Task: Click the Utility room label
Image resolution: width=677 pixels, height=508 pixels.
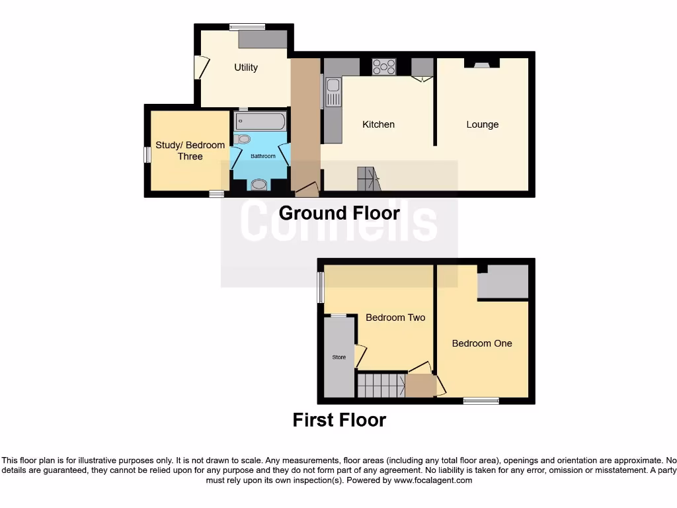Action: click(x=245, y=67)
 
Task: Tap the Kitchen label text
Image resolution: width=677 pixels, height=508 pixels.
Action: click(x=378, y=124)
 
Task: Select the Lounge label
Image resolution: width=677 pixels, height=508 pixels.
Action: click(x=482, y=124)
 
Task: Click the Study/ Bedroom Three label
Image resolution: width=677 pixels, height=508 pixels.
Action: click(x=190, y=151)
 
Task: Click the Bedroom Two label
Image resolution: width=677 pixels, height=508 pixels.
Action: click(x=395, y=317)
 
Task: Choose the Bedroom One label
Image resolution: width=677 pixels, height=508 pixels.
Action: click(x=482, y=343)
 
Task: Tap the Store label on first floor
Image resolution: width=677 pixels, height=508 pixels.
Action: click(x=338, y=357)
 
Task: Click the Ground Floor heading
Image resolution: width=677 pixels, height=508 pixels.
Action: click(x=339, y=213)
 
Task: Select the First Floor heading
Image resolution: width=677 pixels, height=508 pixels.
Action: click(x=339, y=420)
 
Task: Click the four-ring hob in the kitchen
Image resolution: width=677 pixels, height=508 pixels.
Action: click(x=383, y=67)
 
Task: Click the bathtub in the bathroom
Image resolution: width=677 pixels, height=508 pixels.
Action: click(x=260, y=121)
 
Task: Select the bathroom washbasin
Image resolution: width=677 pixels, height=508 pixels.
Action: click(x=259, y=185)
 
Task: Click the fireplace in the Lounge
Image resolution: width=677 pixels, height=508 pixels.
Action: click(x=482, y=63)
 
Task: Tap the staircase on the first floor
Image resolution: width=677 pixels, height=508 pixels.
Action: click(x=380, y=385)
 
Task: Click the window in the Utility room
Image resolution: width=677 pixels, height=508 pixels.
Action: click(x=247, y=27)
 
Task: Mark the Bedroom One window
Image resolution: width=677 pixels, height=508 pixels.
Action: click(x=481, y=400)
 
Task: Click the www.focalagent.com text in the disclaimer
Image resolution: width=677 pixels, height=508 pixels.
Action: click(x=433, y=480)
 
